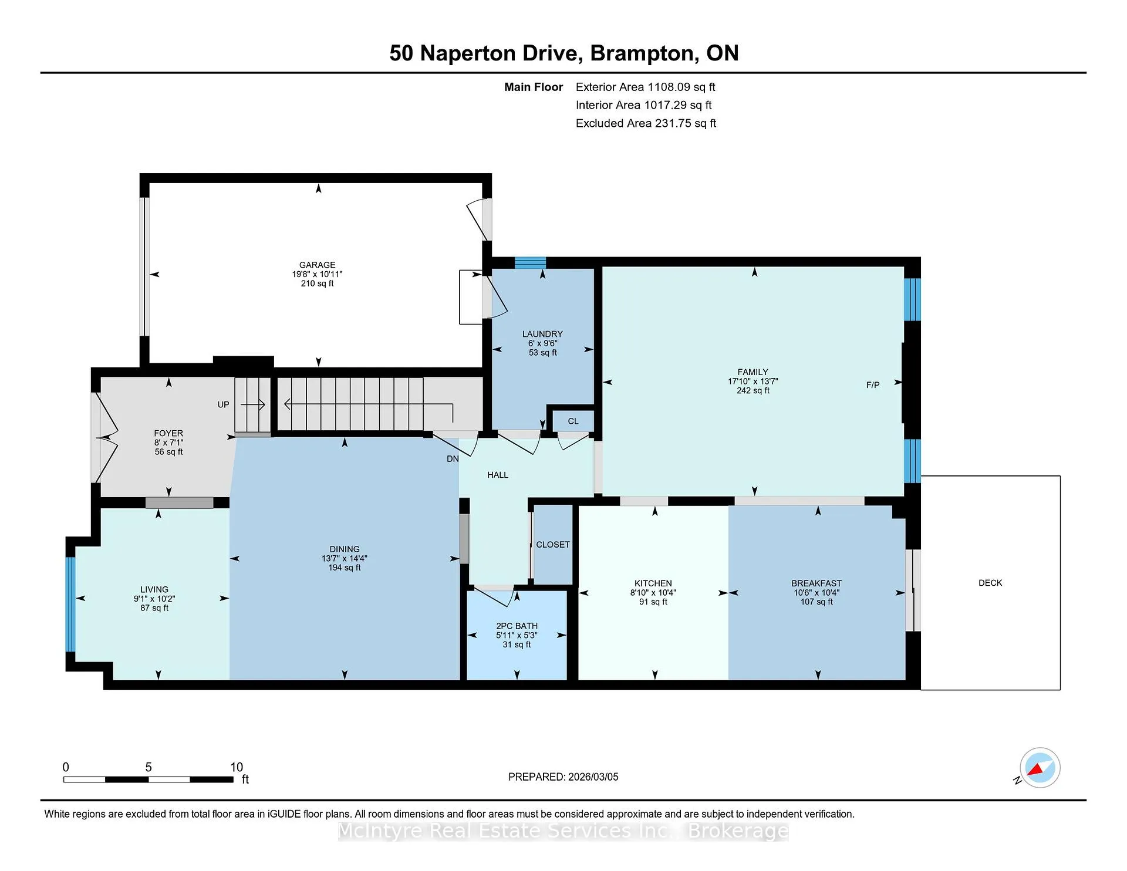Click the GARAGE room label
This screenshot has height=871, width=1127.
coord(317,265)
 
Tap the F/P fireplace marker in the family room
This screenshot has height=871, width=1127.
coord(873,385)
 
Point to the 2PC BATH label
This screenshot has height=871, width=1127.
coord(517,626)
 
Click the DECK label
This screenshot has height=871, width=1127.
coord(990,583)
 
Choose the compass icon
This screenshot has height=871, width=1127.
coord(1040,768)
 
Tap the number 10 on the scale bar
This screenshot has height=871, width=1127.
coord(237,767)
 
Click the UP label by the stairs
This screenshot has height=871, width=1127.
coord(224,405)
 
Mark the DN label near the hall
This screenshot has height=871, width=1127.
coord(453,459)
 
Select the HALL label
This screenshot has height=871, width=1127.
coord(498,475)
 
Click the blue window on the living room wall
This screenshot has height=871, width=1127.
coord(70,604)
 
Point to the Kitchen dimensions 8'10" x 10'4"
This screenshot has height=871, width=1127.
coord(653,593)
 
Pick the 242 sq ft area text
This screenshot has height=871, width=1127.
coord(753,391)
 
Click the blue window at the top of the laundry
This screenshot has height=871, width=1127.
coord(530,262)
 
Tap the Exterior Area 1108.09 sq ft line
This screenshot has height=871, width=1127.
coord(645,87)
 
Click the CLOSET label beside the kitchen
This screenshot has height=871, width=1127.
coord(553,545)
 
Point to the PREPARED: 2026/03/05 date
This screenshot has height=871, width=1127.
coord(563,777)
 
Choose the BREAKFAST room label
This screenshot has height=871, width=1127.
coord(816,583)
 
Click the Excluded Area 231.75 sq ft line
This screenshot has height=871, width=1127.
coord(646,123)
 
